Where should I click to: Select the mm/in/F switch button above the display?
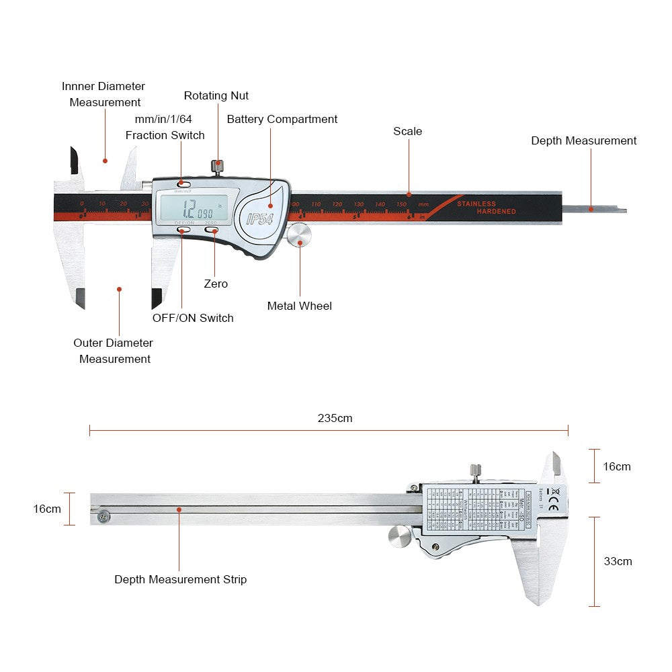(x=183, y=183)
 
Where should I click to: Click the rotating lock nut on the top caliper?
(x=217, y=165)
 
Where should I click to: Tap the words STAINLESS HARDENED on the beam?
(x=486, y=208)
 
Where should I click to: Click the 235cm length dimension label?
(x=335, y=418)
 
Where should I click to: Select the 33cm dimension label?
(x=618, y=561)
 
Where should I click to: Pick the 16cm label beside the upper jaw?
(x=617, y=466)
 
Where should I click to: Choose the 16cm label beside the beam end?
(x=47, y=509)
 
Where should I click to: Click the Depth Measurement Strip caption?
(x=180, y=579)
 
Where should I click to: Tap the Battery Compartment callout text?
(x=282, y=119)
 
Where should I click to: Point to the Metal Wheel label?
(x=299, y=306)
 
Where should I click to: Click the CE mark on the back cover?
(x=553, y=508)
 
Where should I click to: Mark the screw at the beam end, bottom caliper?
(x=103, y=516)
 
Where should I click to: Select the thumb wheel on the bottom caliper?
(x=401, y=536)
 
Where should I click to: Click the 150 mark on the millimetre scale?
(x=401, y=204)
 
